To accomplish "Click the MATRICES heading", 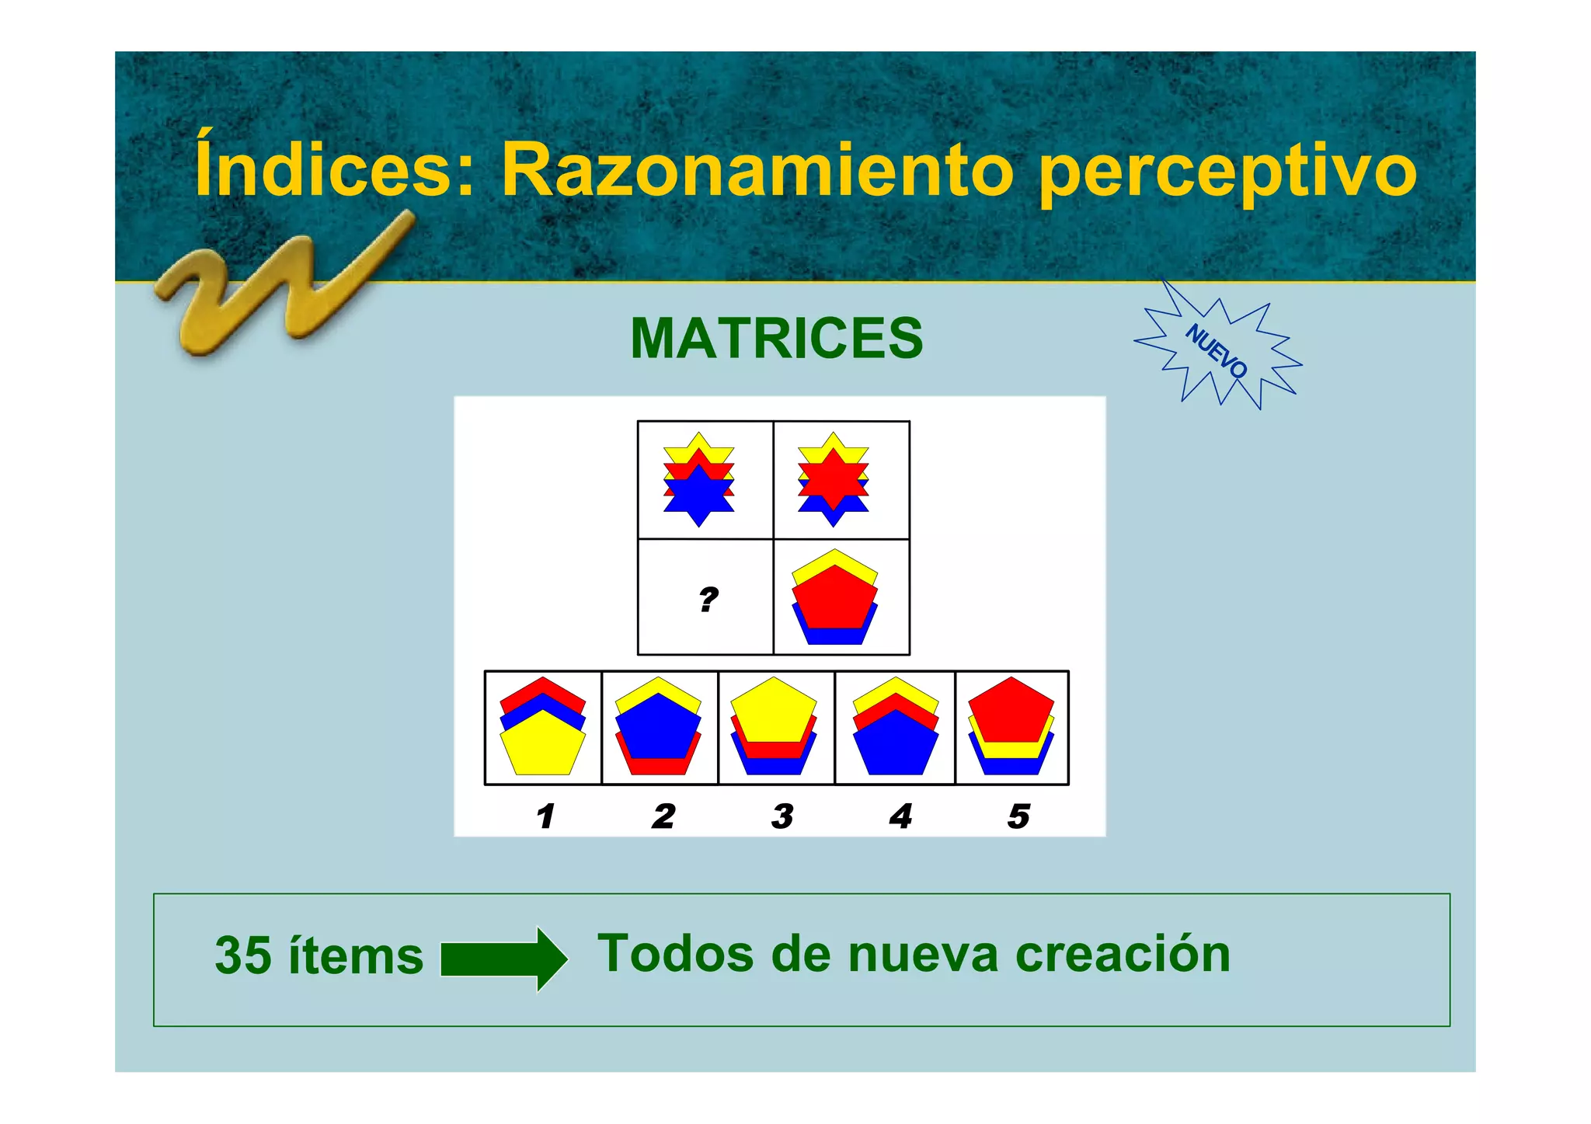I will pos(776,339).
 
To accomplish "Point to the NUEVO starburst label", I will pos(1217,350).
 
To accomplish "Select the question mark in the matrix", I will pos(708,600).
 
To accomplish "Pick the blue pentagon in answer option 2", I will pos(657,726).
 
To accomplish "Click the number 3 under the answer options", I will pos(782,816).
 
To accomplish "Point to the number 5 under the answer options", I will pos(1018,816).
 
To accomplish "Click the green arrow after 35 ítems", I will pos(504,959).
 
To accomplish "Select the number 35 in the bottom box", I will pos(242,955).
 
